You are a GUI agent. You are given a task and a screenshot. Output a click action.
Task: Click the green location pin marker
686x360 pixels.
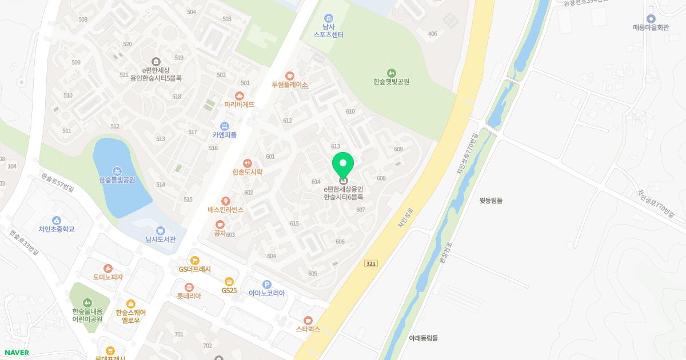click(343, 165)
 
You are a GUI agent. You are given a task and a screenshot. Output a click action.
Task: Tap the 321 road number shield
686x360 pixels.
click(371, 263)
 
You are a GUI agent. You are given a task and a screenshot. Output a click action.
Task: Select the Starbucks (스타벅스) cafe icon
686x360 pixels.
click(308, 320)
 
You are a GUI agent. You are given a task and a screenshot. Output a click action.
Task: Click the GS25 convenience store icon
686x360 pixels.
click(229, 281)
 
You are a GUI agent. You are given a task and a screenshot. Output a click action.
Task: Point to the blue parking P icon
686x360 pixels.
click(266, 285)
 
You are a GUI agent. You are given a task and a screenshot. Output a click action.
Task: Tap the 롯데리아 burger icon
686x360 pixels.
click(189, 287)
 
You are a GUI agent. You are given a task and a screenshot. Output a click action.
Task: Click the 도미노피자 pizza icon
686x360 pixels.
click(108, 268)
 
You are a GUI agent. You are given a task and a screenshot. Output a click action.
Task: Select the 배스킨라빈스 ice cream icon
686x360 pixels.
click(226, 201)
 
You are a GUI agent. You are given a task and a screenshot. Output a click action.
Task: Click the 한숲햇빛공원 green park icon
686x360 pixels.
click(392, 73)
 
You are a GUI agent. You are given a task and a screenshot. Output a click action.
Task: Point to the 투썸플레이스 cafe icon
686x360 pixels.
click(290, 75)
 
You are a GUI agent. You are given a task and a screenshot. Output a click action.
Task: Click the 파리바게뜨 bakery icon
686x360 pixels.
click(240, 95)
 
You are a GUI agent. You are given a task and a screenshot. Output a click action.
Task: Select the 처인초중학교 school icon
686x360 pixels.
click(57, 220)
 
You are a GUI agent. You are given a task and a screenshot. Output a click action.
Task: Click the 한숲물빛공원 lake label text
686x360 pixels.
click(117, 180)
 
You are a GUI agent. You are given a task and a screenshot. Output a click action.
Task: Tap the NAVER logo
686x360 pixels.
click(17, 353)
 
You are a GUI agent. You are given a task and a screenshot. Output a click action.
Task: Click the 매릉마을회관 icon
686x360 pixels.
click(651, 18)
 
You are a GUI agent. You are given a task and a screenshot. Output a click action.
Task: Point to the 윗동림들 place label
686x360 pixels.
click(491, 201)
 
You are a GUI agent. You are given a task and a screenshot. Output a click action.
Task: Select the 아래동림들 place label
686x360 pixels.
click(424, 338)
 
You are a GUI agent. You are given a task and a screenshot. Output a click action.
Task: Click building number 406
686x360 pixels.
click(433, 34)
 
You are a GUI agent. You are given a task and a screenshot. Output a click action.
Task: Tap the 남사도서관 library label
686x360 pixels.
click(161, 239)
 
